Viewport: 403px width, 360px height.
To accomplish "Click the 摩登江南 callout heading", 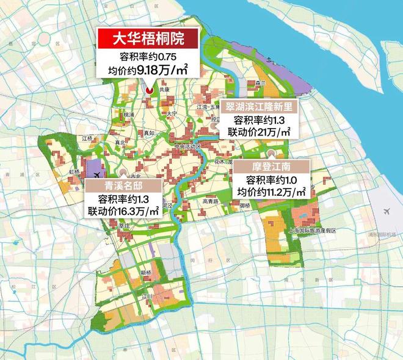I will [272, 166].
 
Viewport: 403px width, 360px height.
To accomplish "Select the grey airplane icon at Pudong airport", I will [387, 211].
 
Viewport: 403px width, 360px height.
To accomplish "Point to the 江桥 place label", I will [88, 139].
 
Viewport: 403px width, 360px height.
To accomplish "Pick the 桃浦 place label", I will [128, 114].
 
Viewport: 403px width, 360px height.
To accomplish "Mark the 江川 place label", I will [146, 297].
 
